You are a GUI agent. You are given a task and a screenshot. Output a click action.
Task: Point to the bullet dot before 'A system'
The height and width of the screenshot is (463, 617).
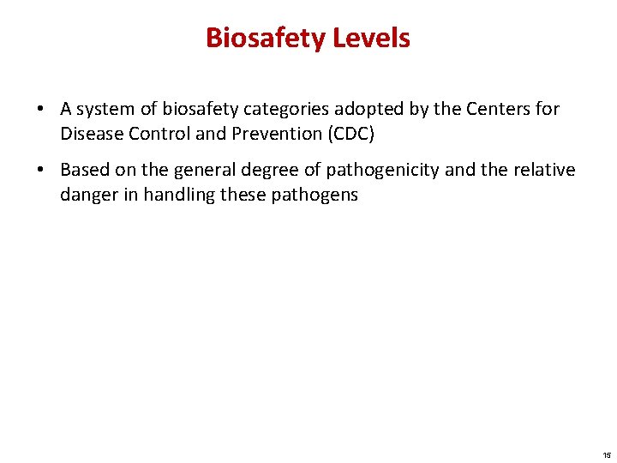click(x=41, y=110)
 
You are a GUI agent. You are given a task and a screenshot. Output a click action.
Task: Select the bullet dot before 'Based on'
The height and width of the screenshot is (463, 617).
click(x=41, y=171)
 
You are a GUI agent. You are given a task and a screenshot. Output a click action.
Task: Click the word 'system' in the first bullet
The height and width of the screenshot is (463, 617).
click(x=105, y=110)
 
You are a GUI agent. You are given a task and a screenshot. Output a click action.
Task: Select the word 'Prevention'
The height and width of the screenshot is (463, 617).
click(x=269, y=135)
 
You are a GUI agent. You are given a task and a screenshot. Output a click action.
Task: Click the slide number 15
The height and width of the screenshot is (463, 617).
click(x=607, y=454)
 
